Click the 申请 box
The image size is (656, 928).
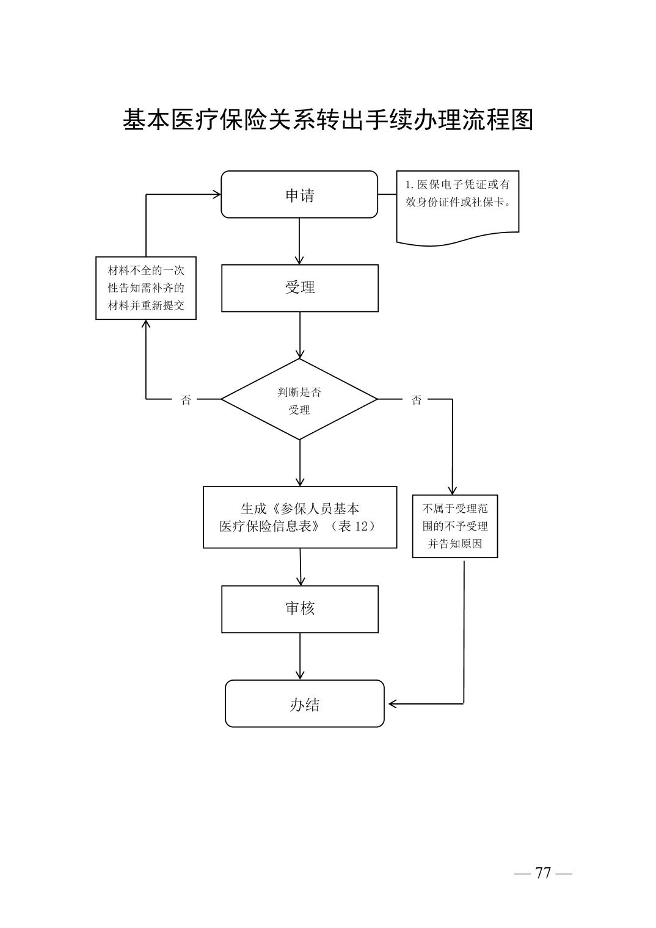(299, 195)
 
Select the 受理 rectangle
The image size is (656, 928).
(299, 288)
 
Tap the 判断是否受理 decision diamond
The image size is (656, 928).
(299, 399)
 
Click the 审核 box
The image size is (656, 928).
(299, 609)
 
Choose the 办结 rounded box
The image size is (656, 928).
(304, 704)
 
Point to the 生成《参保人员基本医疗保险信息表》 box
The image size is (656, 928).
(299, 517)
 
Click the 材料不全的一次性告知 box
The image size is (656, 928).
(146, 288)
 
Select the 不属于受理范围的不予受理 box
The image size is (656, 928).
(455, 526)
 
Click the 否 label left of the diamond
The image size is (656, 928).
(186, 400)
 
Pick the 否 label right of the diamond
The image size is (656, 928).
(417, 400)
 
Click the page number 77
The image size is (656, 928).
(543, 873)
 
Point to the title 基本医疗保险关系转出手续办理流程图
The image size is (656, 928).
(328, 120)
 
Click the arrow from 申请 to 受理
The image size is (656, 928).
(299, 241)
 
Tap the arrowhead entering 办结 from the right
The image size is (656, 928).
(393, 704)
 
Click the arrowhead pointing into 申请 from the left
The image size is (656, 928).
(216, 194)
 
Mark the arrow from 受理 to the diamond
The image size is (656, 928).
(299, 335)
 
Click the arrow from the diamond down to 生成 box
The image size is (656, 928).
(299, 463)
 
